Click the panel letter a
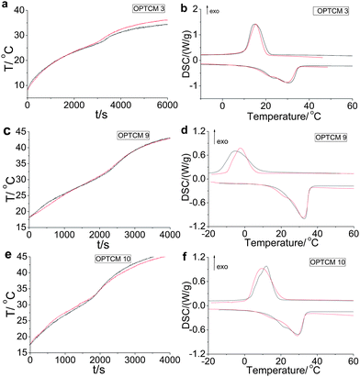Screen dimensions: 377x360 [x=6, y=6]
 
